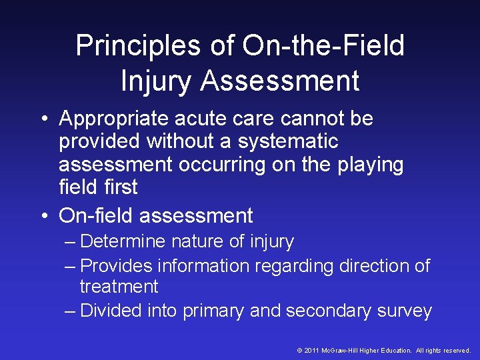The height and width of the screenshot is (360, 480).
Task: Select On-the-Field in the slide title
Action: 324,47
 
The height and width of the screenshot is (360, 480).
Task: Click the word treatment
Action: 119,287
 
